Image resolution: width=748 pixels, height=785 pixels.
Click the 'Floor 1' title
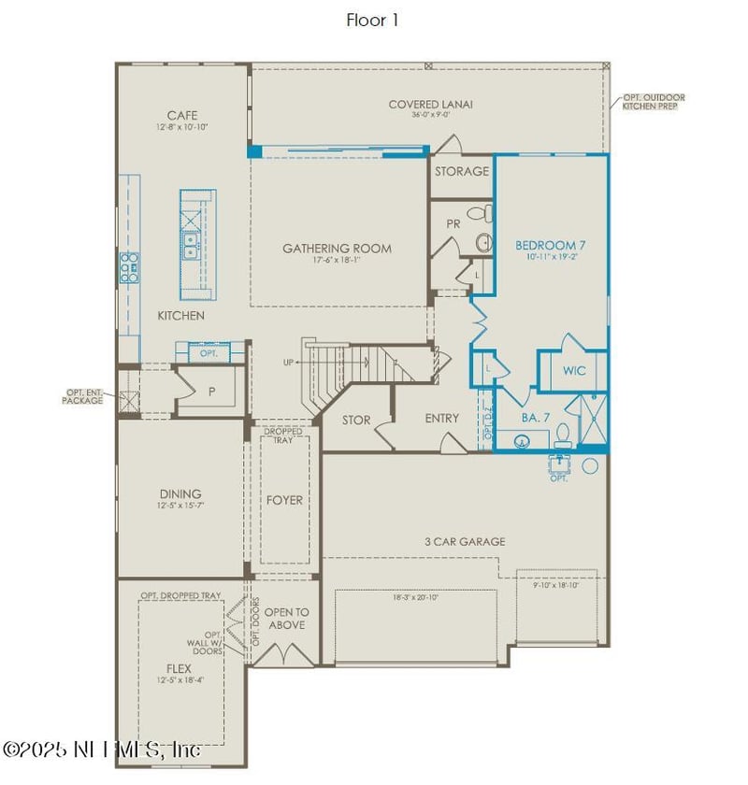(x=372, y=20)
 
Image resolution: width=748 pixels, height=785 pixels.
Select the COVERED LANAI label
(x=430, y=104)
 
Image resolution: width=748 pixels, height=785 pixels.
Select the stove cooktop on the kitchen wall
(x=128, y=267)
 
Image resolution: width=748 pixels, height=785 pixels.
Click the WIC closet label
(x=574, y=371)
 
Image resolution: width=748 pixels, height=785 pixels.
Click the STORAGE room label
(x=461, y=171)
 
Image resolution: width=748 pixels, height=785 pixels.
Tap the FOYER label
(x=284, y=500)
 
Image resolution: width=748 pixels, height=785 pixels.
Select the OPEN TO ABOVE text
(x=286, y=619)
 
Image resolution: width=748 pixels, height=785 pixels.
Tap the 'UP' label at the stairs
(x=289, y=362)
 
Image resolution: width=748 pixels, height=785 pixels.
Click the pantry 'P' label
(x=211, y=392)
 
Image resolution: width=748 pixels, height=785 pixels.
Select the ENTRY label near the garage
(x=441, y=418)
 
